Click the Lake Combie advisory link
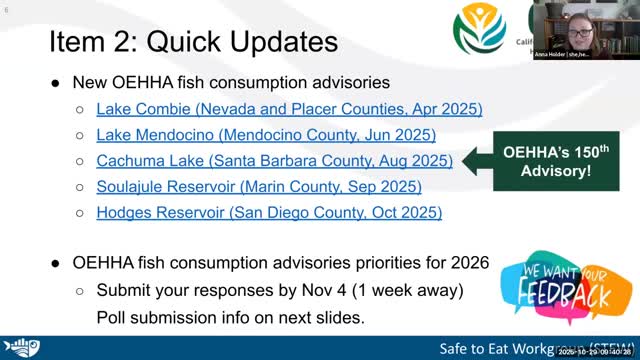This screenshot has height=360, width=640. click(289, 108)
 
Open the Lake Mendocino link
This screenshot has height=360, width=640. click(266, 134)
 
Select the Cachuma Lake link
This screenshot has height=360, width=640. click(274, 160)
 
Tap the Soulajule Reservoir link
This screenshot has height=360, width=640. click(259, 186)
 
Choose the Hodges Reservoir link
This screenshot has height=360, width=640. click(269, 212)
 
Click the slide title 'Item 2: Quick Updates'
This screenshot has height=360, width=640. click(193, 42)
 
